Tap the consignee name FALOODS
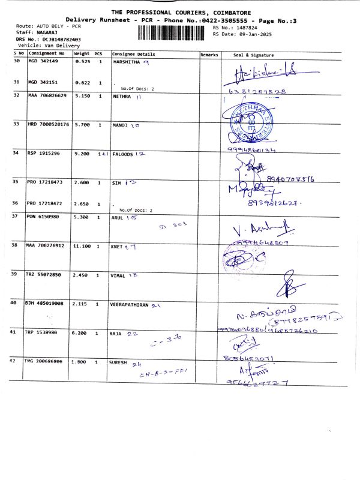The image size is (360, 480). point(122,153)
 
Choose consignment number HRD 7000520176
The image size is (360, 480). point(49,124)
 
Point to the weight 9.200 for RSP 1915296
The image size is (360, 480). point(81,153)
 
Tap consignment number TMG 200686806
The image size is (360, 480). point(47,362)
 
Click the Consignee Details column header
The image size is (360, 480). point(133,55)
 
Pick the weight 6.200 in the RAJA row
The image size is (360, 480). point(81,332)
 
